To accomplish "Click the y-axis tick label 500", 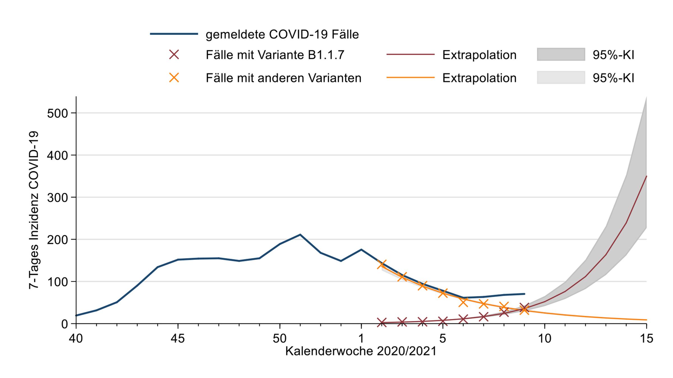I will [57, 113].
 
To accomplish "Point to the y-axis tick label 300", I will [57, 198].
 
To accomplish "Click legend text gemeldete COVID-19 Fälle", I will [282, 34].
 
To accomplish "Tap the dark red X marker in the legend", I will [174, 55].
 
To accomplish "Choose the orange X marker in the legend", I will [174, 78].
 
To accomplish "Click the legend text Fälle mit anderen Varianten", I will [284, 78].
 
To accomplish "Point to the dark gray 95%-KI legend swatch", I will [561, 54].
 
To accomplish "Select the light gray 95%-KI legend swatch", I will [561, 78].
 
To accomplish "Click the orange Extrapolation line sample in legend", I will [410, 78].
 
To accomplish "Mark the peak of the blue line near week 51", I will [300, 234].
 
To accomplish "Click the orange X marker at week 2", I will [382, 264].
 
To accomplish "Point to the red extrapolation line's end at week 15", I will [646, 176].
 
